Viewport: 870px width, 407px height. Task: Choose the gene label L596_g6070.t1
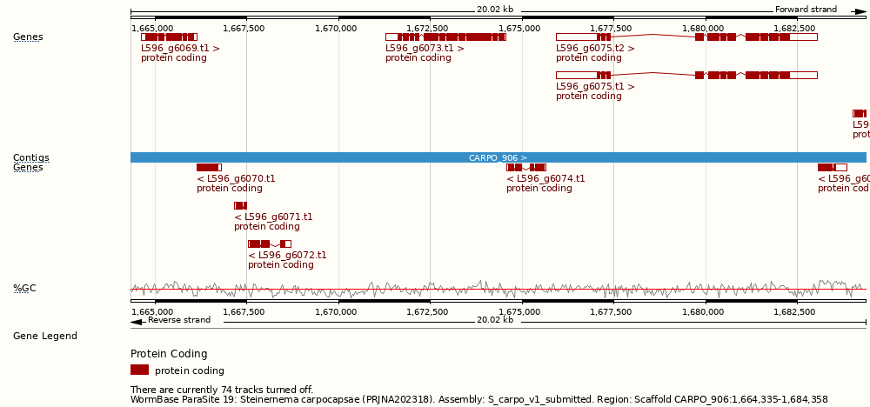(x=236, y=179)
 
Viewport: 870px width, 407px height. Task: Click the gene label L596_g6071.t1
(x=273, y=217)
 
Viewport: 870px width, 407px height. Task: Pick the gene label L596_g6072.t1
(x=287, y=256)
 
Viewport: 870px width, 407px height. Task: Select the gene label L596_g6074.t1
(x=545, y=179)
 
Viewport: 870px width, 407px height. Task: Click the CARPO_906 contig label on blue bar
(x=498, y=158)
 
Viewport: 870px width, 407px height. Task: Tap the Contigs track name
(x=30, y=158)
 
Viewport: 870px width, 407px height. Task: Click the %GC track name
(x=24, y=289)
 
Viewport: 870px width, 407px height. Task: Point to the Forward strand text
(x=806, y=10)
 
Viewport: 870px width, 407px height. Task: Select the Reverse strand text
(x=179, y=320)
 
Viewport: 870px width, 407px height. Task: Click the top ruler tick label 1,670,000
(x=336, y=28)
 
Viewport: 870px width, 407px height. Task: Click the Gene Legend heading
(x=45, y=337)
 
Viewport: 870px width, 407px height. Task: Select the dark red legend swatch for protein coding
(x=139, y=370)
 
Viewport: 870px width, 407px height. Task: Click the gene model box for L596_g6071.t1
(x=240, y=206)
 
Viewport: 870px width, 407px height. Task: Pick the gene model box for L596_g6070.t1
(x=209, y=168)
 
